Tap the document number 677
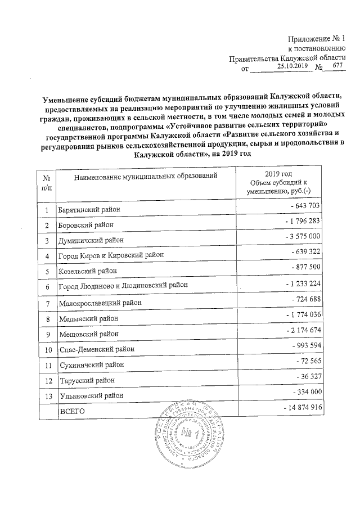point(337,66)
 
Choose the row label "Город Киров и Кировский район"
point(112,255)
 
